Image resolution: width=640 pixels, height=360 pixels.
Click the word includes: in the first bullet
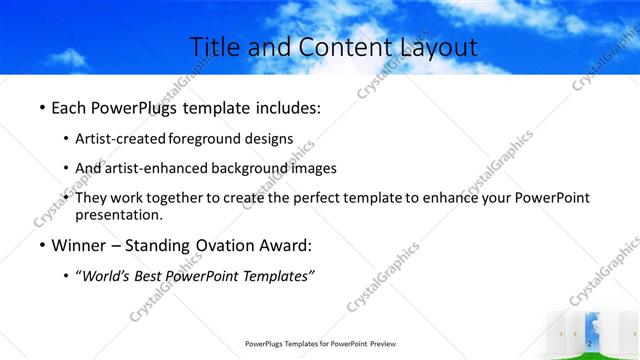click(x=282, y=106)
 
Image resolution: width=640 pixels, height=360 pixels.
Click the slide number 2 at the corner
click(x=590, y=343)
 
